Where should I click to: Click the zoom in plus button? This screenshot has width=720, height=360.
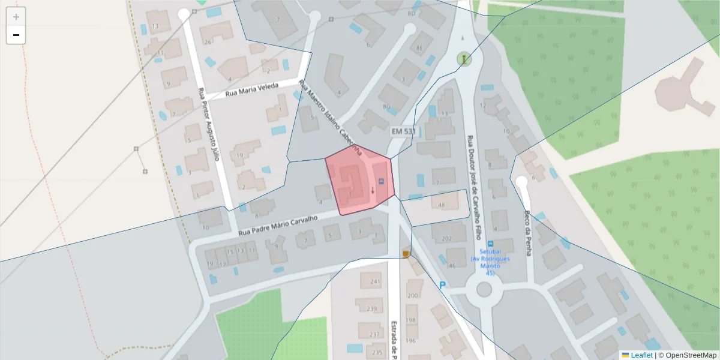click(16, 17)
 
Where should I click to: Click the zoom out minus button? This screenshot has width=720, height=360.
click(16, 35)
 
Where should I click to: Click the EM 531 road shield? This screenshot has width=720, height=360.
click(403, 131)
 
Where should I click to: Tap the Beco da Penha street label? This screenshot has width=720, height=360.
click(528, 233)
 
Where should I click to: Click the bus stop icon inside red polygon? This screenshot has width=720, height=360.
click(380, 181)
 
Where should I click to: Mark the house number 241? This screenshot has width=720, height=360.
click(376, 281)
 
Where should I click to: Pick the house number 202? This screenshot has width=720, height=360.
click(446, 238)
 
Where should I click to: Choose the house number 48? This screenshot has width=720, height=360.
click(442, 206)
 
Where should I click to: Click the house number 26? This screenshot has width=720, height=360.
click(208, 42)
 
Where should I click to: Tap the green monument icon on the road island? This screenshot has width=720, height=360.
click(464, 59)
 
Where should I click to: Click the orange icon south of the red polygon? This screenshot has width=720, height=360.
click(406, 254)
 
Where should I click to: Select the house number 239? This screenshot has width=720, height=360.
click(372, 308)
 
